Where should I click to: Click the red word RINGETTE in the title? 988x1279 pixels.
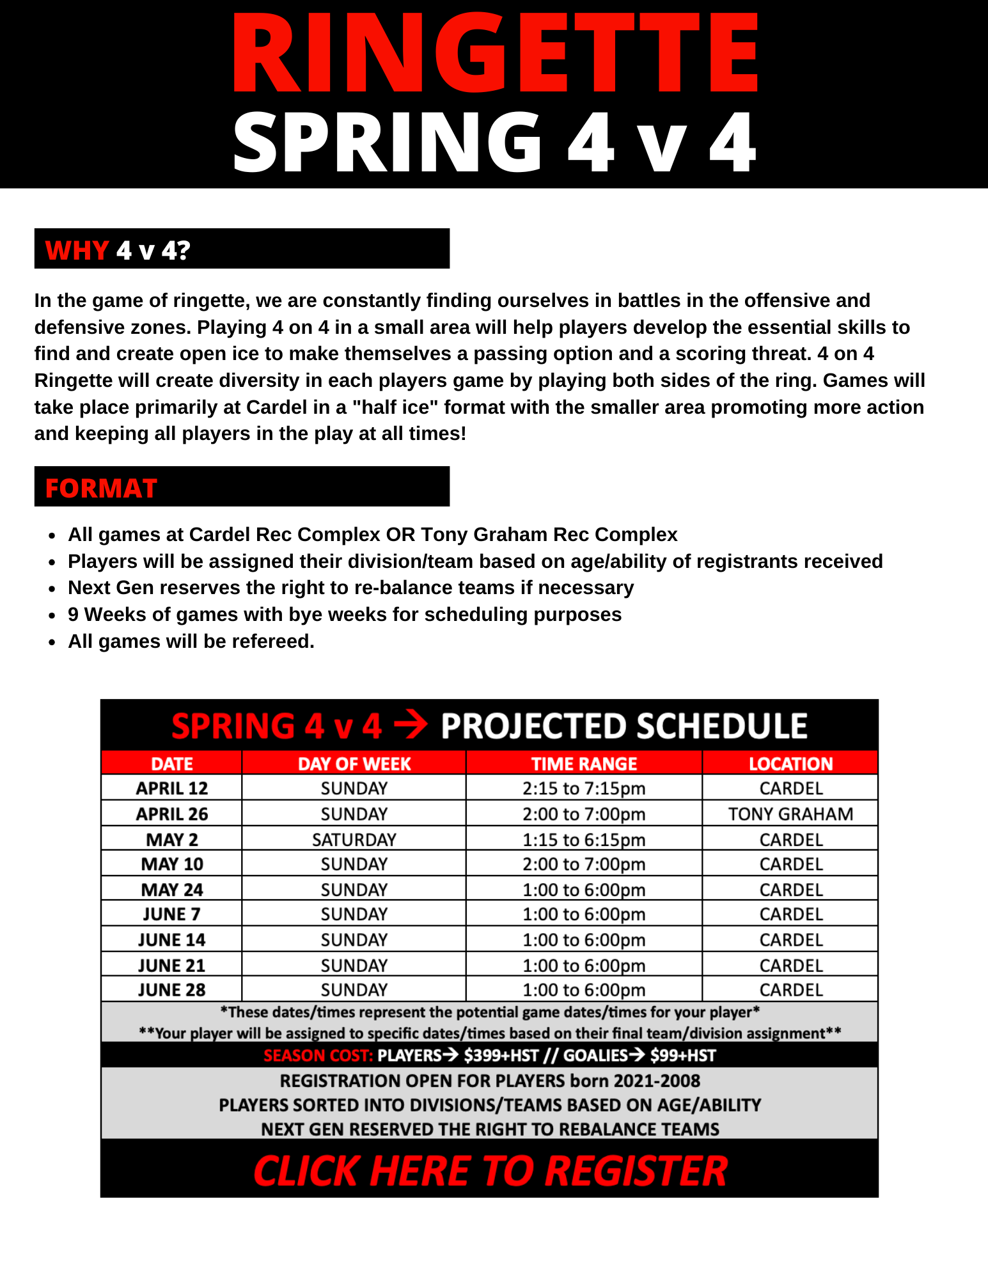coord(494,54)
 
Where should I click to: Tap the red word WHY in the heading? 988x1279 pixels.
coord(77,250)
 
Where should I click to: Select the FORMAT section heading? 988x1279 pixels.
coord(101,488)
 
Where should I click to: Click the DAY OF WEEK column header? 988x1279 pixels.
coord(354,764)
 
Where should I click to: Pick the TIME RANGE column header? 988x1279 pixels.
coord(584,764)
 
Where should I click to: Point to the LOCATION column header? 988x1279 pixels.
coord(790,764)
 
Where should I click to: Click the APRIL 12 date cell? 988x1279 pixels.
coord(171,789)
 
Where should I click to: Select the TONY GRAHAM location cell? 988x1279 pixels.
coord(790,814)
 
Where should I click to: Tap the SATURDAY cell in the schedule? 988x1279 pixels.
coord(354,840)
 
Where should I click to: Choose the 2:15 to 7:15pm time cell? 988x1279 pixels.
coord(584,789)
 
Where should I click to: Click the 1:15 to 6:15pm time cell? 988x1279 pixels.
coord(584,840)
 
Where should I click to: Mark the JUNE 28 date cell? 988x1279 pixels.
coord(171,990)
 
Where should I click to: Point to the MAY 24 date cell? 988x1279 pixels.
coord(171,890)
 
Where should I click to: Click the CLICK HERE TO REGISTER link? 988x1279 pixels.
coord(490,1171)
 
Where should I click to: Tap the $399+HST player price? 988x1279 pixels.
coord(501,1055)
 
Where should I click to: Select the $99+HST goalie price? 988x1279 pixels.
coord(683,1055)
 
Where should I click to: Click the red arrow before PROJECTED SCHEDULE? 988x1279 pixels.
coord(411,726)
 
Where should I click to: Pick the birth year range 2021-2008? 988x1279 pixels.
coord(657,1081)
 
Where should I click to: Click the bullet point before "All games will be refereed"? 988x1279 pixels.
coord(53,642)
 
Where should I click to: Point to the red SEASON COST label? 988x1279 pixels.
coord(318,1055)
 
